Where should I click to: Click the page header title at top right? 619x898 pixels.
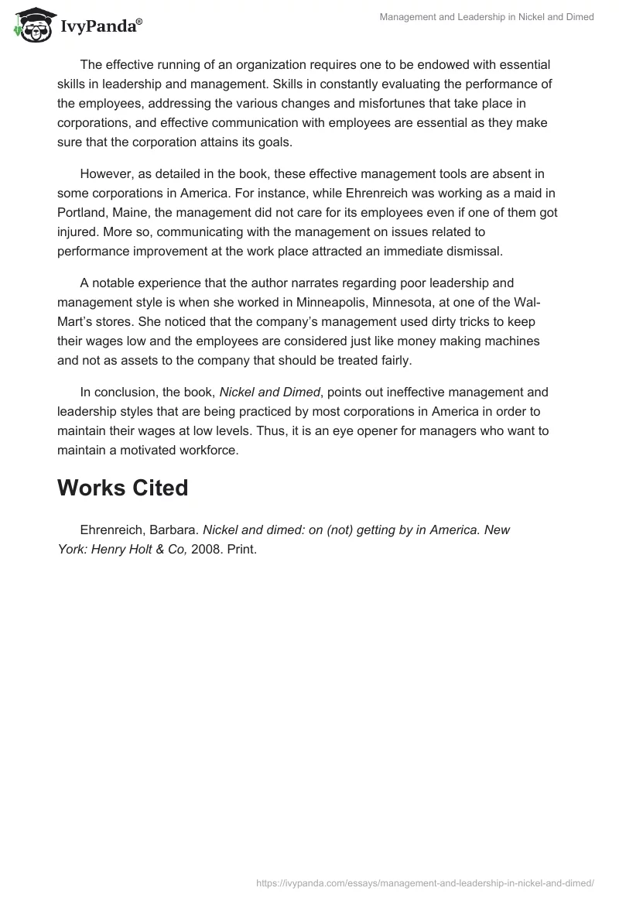pos(487,17)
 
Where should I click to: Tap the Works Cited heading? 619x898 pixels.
pos(122,488)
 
